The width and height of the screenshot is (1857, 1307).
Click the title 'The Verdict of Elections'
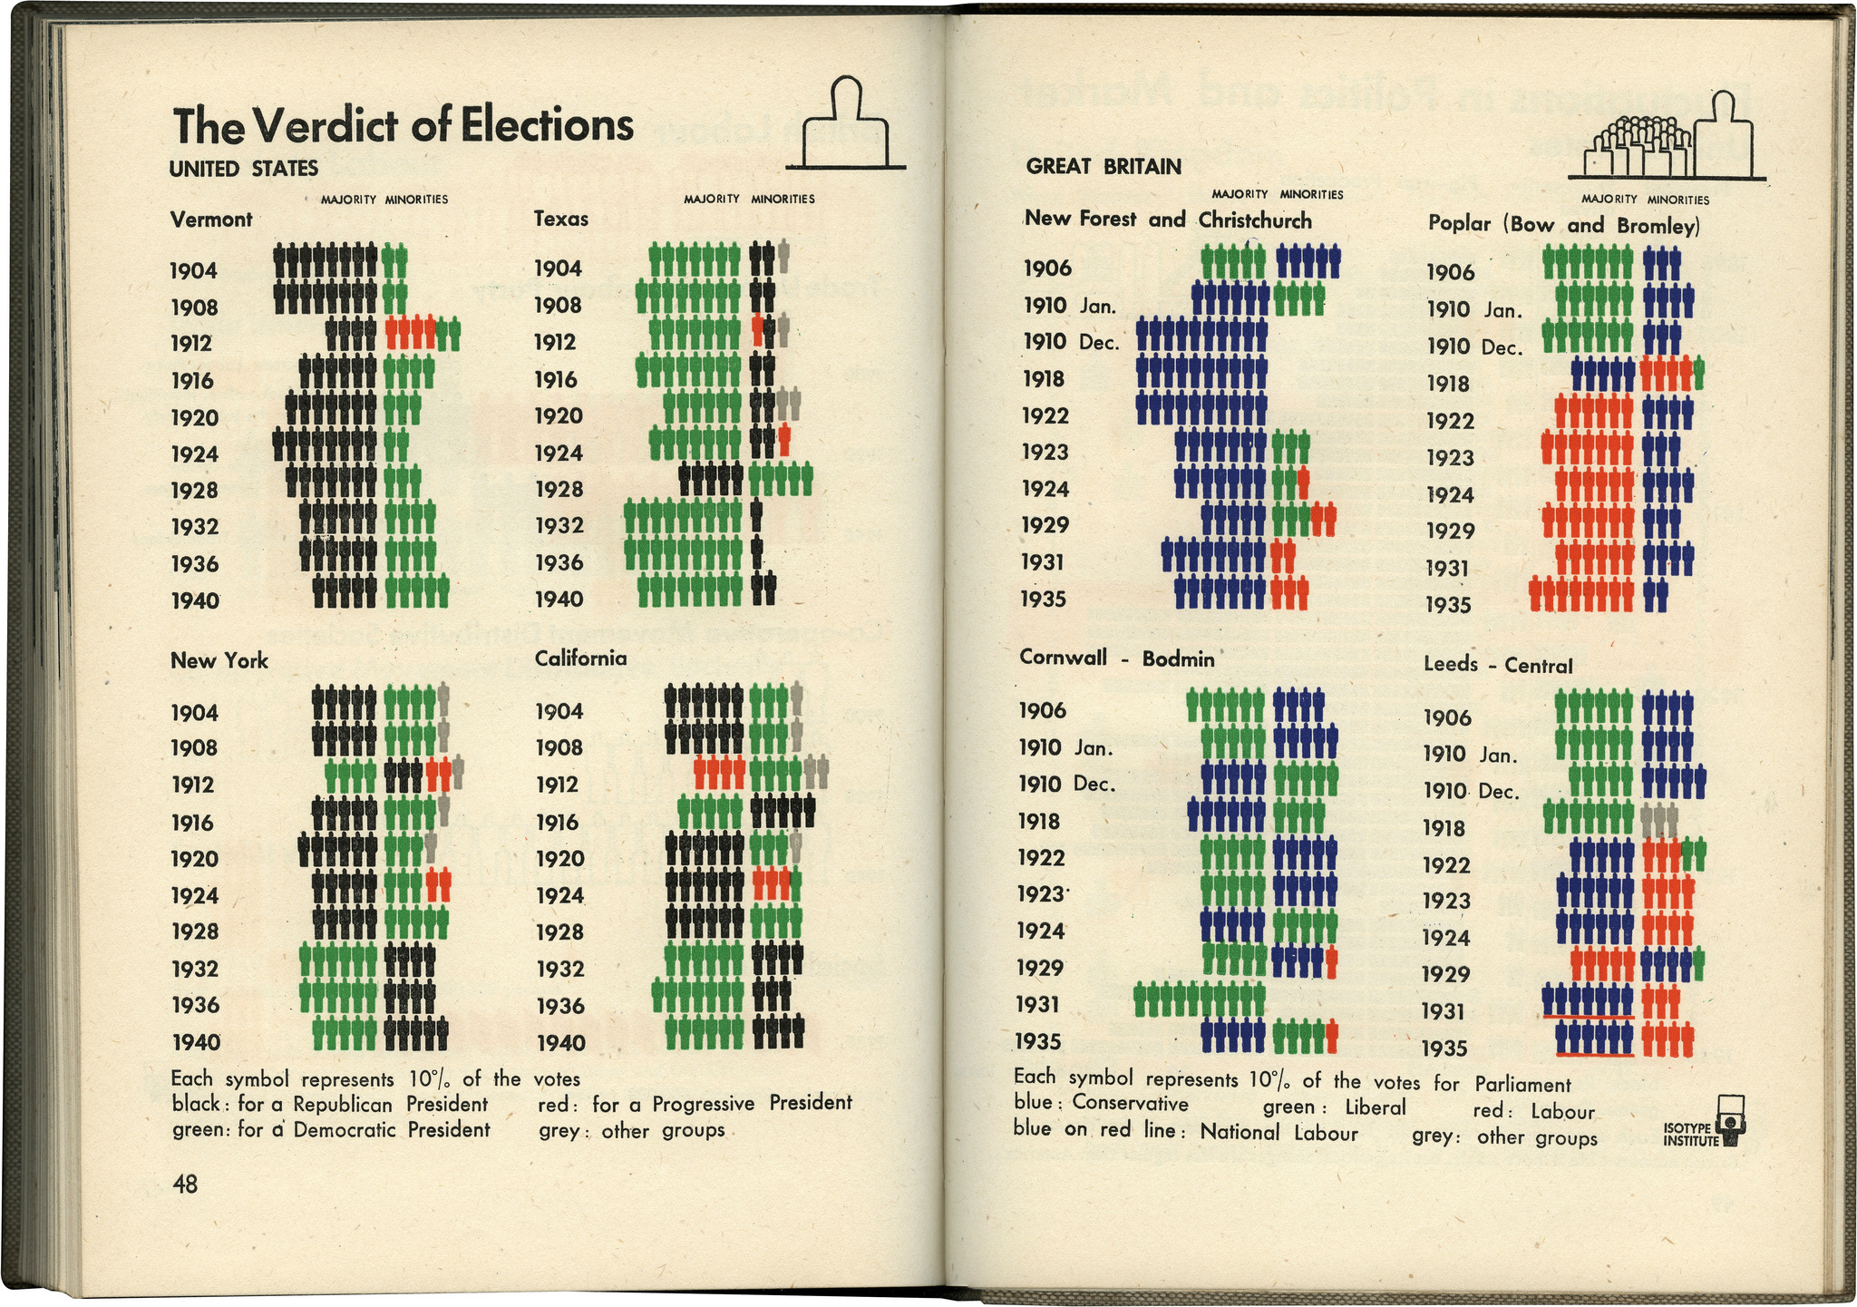[403, 125]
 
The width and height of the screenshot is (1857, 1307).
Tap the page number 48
[185, 1184]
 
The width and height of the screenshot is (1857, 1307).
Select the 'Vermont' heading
[211, 219]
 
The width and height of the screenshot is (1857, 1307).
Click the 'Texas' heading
[560, 219]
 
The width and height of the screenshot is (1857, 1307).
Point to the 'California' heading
[580, 658]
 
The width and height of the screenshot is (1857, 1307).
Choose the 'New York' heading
[219, 660]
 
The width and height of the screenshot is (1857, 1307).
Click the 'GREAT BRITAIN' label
[1104, 167]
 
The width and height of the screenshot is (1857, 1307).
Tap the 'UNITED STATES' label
[243, 169]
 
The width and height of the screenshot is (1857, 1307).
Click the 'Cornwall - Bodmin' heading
[1116, 658]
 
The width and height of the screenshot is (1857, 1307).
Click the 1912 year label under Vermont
[191, 344]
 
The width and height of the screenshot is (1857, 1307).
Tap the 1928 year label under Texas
[559, 490]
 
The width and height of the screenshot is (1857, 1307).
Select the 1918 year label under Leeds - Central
[1444, 828]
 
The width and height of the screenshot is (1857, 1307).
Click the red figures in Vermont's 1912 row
[410, 333]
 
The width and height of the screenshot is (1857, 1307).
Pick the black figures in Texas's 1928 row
[712, 479]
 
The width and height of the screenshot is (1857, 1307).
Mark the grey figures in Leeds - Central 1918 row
[1659, 819]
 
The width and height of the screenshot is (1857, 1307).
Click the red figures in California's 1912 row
[720, 774]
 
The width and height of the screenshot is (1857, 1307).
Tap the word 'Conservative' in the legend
[1130, 1104]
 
